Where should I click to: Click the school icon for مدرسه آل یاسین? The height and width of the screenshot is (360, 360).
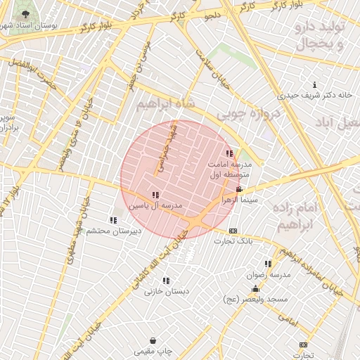coord(155,195)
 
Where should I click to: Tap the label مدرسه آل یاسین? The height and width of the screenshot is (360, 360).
coord(155,206)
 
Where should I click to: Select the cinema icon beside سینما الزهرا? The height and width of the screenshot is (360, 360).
coord(240,190)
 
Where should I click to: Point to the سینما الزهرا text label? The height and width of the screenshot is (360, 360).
coord(240,200)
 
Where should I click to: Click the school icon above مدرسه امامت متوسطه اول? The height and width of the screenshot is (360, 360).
coord(229,153)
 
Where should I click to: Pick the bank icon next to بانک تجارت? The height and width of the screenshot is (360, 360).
coord(233,231)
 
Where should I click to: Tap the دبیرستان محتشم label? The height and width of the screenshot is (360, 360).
coord(115,231)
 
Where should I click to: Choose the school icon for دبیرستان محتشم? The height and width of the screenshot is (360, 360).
coord(114,221)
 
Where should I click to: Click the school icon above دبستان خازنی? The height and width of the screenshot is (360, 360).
coord(166,281)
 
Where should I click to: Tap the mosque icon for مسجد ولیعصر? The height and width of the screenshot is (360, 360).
coord(255,289)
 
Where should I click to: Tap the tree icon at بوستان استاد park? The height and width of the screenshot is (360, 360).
coord(26,14)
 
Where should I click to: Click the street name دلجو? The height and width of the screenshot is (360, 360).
coord(211,14)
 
